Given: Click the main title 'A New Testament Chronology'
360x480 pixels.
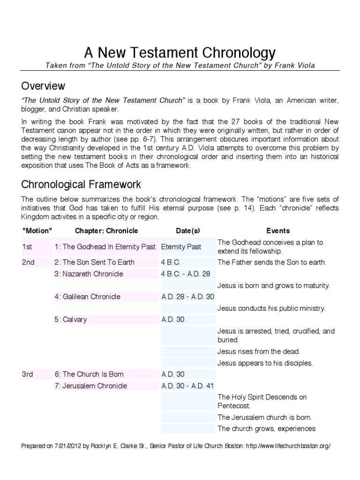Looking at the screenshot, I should click(x=180, y=52).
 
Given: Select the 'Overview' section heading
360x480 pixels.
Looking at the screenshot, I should click(x=43, y=86).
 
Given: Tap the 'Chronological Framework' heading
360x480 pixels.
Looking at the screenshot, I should click(x=81, y=185).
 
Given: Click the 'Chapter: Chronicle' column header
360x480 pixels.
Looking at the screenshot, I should click(x=106, y=231).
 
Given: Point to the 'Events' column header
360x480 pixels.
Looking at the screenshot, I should click(x=278, y=231).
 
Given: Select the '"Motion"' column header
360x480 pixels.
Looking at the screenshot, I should click(x=37, y=231).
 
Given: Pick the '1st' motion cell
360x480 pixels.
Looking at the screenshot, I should click(x=27, y=247).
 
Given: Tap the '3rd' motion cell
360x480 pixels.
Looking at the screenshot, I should click(x=28, y=374).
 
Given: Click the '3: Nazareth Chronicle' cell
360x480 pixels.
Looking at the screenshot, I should click(x=89, y=274).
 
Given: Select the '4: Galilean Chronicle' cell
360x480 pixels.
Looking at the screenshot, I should click(x=87, y=296).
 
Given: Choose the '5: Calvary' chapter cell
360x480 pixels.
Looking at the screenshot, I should click(x=70, y=320).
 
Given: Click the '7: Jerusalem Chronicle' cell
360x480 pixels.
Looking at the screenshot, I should click(x=90, y=386).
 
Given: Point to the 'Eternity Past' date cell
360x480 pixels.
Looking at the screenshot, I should click(x=181, y=247).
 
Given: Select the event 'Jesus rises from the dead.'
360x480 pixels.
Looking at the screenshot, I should click(x=258, y=352).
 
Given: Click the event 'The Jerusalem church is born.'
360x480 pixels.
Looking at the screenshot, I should click(x=264, y=417).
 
